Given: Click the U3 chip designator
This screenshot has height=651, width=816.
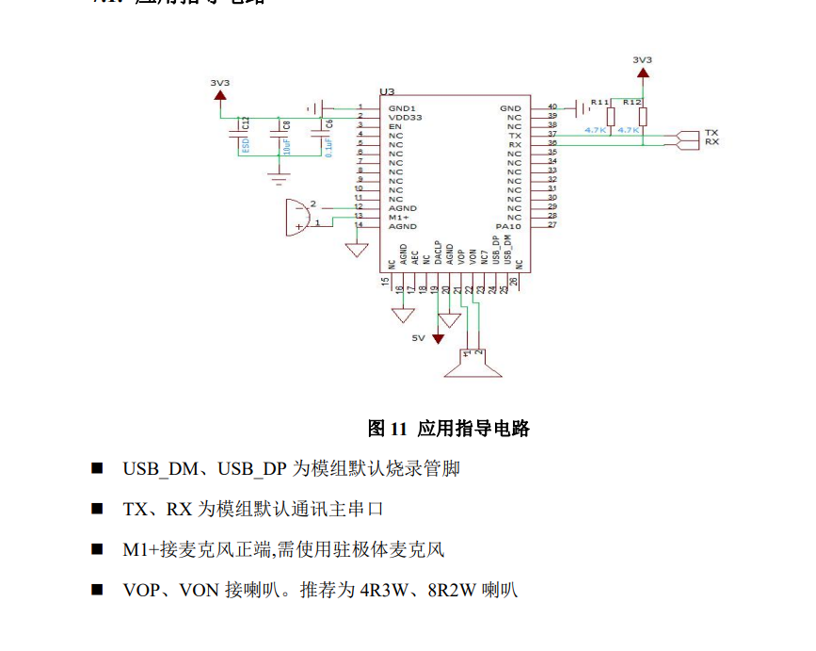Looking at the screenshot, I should [x=386, y=92].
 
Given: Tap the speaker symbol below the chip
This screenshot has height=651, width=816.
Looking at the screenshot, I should [x=472, y=365].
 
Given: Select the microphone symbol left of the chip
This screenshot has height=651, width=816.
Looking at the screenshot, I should [x=297, y=216].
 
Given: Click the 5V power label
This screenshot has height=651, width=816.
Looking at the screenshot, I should [x=418, y=337].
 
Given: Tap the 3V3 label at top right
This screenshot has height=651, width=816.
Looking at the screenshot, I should [x=642, y=59].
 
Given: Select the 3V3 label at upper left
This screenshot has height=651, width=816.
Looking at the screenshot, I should [x=220, y=82].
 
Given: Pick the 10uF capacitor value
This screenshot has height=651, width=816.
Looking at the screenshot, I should [x=287, y=146].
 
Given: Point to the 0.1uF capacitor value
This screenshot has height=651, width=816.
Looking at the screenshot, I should [x=328, y=146].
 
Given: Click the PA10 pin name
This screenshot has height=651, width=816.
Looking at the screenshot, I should [x=508, y=226].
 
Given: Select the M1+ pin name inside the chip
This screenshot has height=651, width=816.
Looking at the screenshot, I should [x=398, y=217].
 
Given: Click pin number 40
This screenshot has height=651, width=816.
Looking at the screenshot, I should [x=552, y=107].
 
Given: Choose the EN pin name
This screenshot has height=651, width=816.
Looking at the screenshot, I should [x=394, y=126].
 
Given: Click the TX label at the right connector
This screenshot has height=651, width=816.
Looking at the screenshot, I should [x=712, y=133].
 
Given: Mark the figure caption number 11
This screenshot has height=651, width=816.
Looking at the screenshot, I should [x=398, y=429].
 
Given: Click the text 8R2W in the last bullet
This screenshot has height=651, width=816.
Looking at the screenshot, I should [x=448, y=591].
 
